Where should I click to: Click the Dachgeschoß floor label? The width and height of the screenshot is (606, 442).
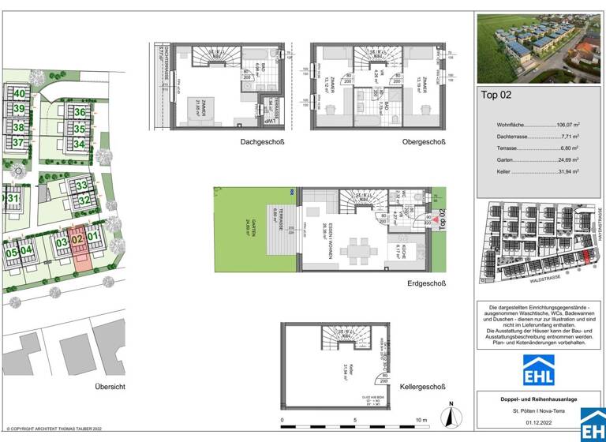tap(262, 143)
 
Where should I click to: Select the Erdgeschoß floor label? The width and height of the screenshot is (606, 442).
tap(426, 284)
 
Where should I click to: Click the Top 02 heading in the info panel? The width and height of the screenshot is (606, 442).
tap(496, 96)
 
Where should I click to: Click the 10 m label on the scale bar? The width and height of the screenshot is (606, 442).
tap(422, 420)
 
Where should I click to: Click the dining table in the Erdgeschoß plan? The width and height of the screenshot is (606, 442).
tap(357, 252)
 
